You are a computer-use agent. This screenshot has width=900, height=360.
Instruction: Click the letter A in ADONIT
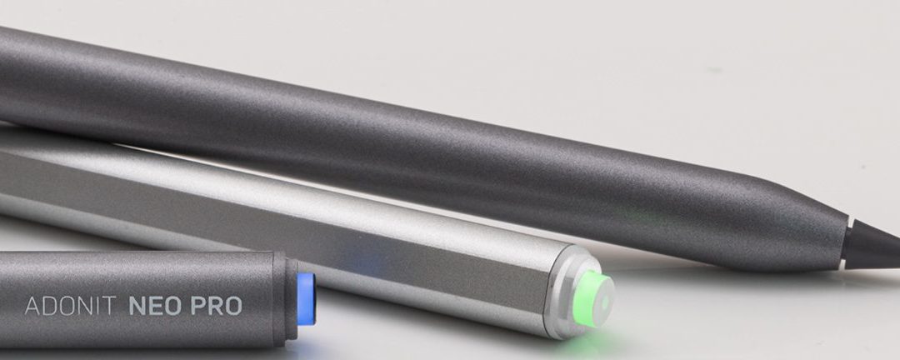coord(32,306)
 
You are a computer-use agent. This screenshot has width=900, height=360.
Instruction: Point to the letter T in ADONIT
coord(114,306)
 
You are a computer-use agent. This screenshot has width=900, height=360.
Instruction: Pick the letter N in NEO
coord(137,306)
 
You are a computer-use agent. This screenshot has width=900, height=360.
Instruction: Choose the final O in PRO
coord(234,306)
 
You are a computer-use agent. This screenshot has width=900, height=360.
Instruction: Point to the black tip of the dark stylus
coord(875,246)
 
